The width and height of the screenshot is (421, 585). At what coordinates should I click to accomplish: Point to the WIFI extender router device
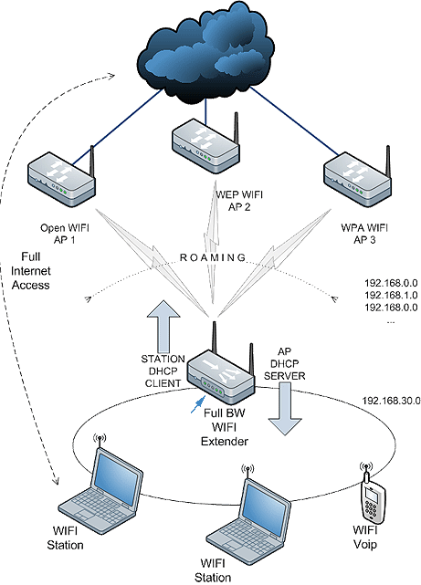(221, 373)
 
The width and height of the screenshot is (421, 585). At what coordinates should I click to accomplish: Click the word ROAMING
(213, 257)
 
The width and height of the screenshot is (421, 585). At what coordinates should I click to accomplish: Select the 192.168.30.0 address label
(392, 401)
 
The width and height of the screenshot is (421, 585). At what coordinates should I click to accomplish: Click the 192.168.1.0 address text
(391, 295)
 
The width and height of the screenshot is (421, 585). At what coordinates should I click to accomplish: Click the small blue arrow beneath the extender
(198, 404)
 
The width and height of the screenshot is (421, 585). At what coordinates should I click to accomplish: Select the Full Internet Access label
(31, 271)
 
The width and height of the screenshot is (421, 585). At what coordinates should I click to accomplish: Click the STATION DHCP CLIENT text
(163, 371)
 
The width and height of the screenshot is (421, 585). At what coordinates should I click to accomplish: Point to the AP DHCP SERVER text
(284, 364)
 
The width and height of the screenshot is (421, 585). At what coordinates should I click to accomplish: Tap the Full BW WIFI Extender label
(225, 427)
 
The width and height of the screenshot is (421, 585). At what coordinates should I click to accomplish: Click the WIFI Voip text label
(365, 538)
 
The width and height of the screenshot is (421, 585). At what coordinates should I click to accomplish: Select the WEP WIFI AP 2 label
(239, 201)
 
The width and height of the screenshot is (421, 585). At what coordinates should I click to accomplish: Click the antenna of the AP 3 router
(387, 162)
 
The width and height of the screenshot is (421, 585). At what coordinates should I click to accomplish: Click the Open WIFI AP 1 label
(65, 234)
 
